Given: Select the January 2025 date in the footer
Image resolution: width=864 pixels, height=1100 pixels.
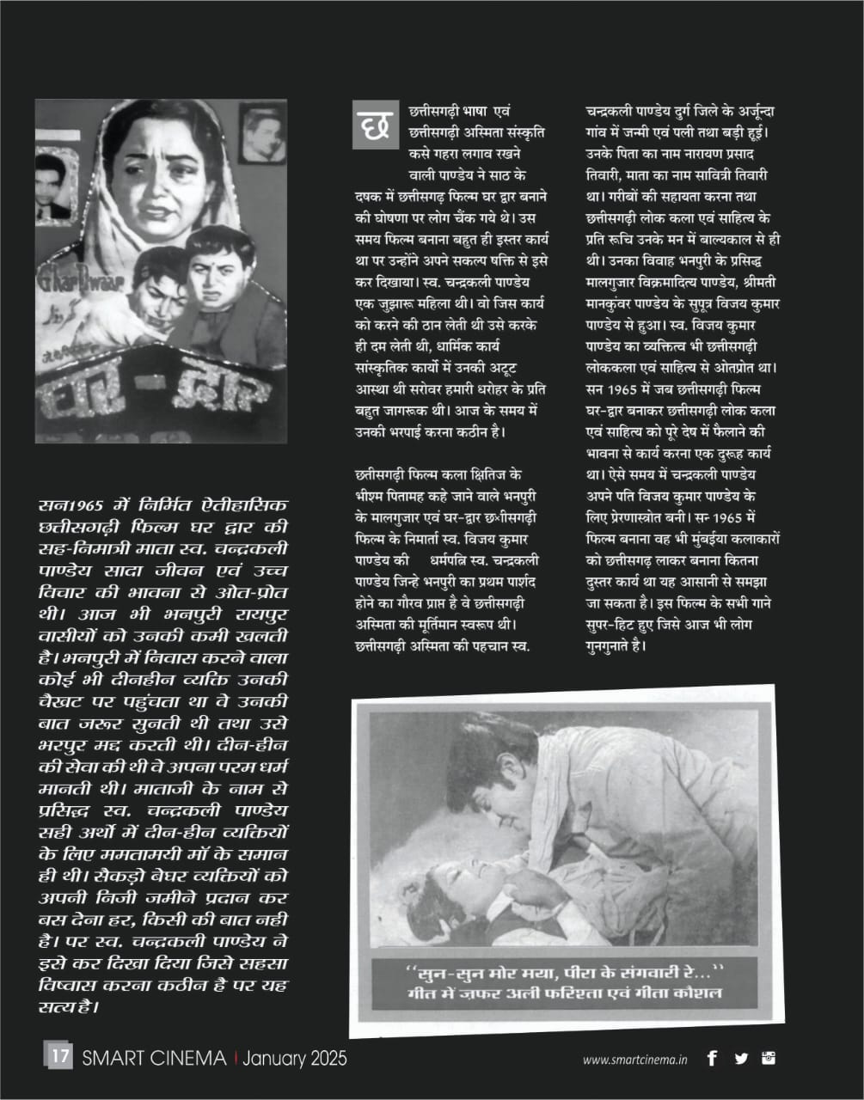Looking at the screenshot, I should click(x=295, y=1058).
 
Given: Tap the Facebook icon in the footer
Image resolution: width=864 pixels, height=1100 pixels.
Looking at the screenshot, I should click(x=712, y=1059).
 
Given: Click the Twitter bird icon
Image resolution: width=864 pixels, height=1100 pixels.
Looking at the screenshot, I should click(x=741, y=1059).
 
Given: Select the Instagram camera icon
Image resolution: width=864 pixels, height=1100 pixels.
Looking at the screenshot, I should click(x=769, y=1058).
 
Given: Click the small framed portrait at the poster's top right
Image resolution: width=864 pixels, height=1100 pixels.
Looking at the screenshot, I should click(x=262, y=132).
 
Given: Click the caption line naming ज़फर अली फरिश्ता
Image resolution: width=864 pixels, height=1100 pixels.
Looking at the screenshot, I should click(x=567, y=995).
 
